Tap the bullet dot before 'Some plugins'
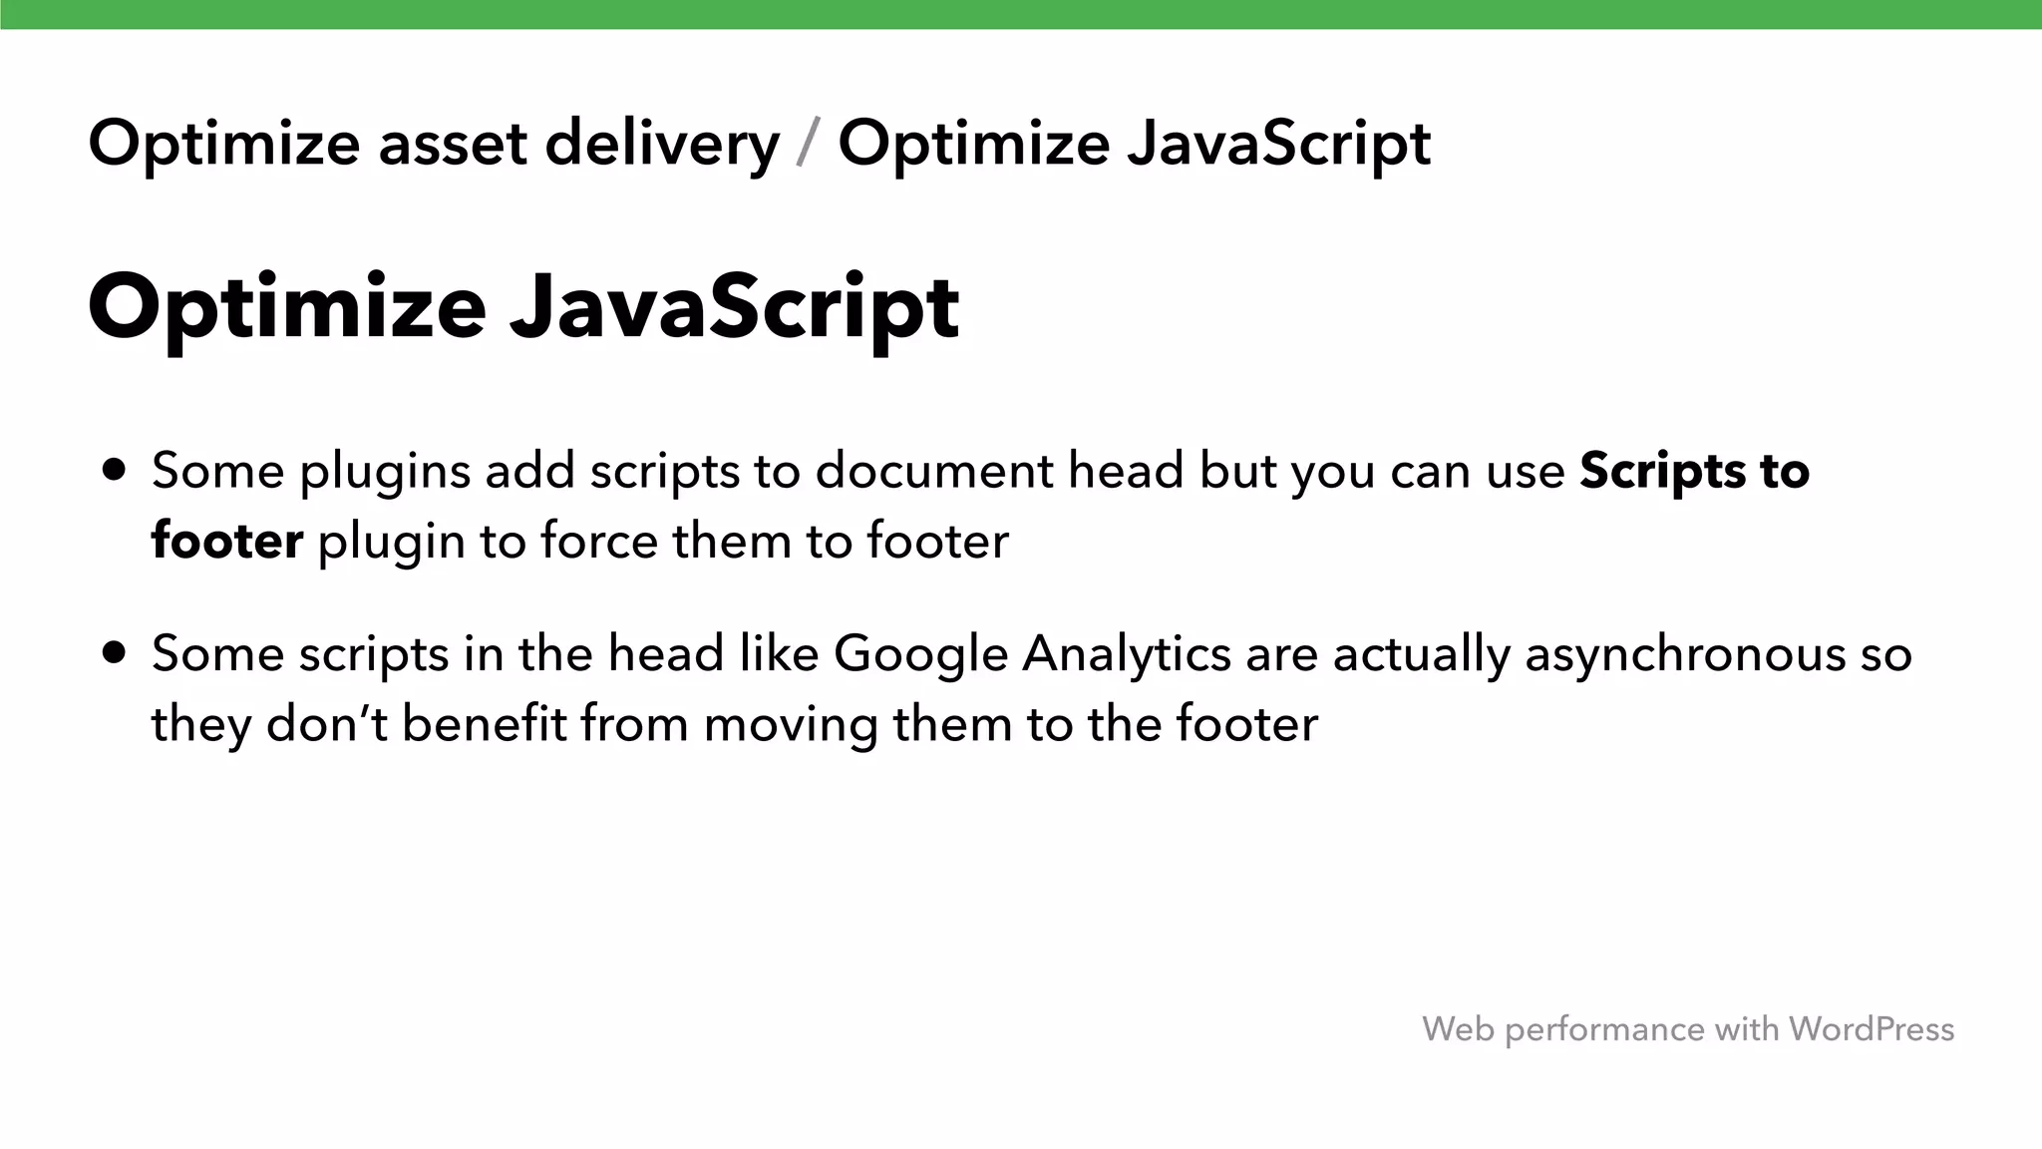click(x=115, y=470)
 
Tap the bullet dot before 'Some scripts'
click(x=115, y=652)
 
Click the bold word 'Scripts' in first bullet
click(x=1664, y=471)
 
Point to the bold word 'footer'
click(x=227, y=542)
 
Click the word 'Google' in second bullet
click(x=921, y=655)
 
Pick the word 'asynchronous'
click(x=1684, y=655)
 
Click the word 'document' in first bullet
click(x=933, y=471)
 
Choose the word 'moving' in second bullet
click(x=791, y=725)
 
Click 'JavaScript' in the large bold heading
click(x=735, y=307)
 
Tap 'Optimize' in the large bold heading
click(x=287, y=307)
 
